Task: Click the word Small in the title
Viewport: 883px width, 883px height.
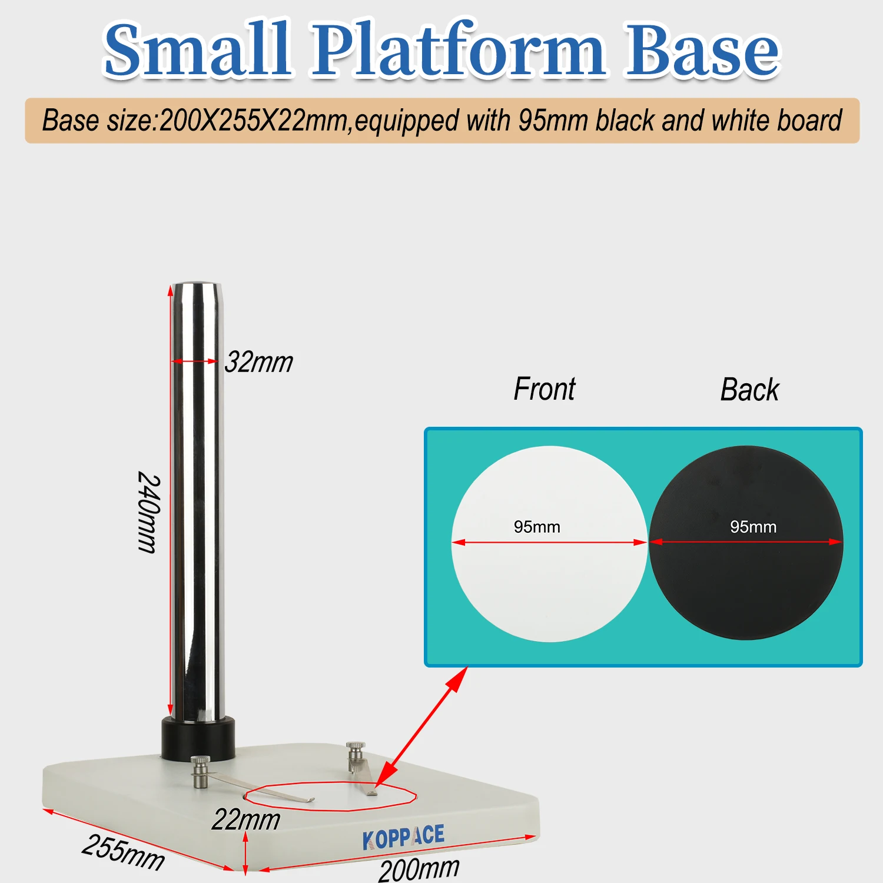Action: click(197, 49)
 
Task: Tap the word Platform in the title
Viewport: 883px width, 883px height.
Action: click(459, 49)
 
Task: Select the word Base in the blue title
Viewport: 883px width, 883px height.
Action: click(702, 49)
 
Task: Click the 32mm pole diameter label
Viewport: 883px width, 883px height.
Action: click(259, 362)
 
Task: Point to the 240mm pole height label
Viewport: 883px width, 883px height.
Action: click(148, 512)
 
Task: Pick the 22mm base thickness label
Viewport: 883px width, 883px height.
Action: click(246, 819)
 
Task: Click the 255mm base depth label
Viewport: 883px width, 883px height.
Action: click(123, 852)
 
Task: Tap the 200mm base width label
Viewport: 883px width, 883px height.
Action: click(419, 868)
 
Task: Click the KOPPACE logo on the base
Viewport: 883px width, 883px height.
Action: click(404, 837)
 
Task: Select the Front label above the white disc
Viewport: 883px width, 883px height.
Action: click(545, 389)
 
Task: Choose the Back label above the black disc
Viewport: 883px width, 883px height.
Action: click(750, 389)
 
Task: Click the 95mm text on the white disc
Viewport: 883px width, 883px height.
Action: click(537, 527)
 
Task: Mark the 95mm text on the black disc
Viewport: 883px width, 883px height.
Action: click(753, 527)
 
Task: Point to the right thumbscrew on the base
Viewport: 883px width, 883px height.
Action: click(356, 757)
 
